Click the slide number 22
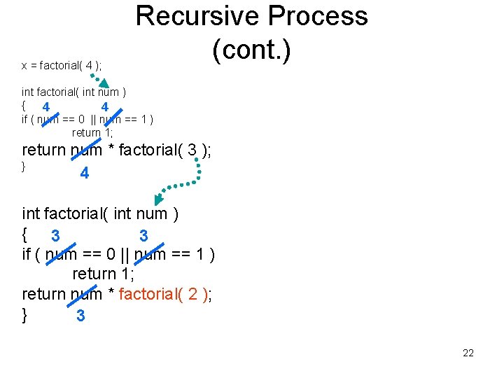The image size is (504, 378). click(x=468, y=353)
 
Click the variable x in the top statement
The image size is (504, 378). click(x=24, y=66)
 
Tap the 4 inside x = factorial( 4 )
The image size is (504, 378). click(x=89, y=66)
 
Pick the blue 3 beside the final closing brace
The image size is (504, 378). click(x=80, y=316)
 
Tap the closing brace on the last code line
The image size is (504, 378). click(x=25, y=314)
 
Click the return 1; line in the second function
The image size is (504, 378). click(x=104, y=274)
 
